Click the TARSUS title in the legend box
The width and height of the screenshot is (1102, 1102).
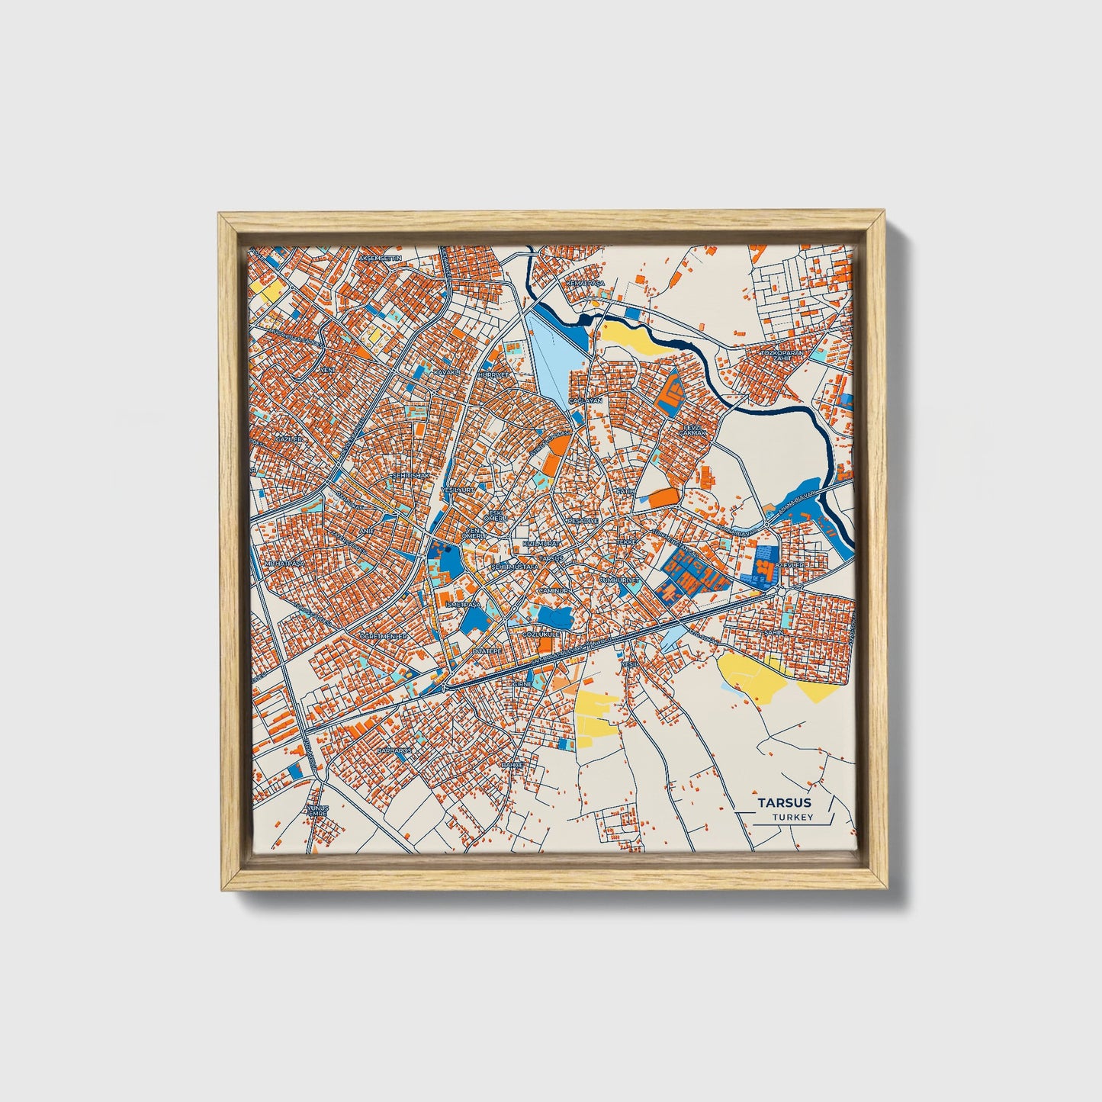(784, 802)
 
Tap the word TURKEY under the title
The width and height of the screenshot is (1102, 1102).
(792, 817)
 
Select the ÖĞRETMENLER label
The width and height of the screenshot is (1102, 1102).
(384, 635)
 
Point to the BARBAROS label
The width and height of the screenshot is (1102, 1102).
(394, 750)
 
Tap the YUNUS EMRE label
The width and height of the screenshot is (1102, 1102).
(316, 809)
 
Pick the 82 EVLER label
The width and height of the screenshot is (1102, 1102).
(790, 565)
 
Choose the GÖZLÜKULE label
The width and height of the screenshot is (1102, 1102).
(541, 634)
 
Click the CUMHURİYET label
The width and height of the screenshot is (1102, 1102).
(618, 580)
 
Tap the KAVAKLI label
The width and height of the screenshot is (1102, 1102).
(448, 372)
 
